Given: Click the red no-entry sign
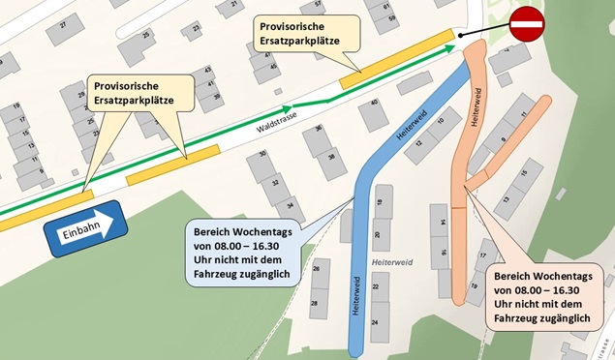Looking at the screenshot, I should (527, 22).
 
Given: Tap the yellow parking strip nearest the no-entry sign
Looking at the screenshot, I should (396, 57).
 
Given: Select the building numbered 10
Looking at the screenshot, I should (442, 122).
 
